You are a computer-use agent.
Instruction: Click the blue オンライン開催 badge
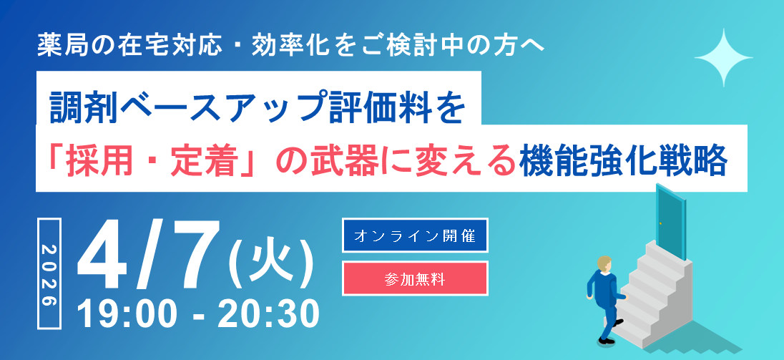[415, 235]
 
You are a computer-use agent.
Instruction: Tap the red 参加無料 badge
[415, 278]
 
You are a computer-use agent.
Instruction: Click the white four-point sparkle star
[724, 58]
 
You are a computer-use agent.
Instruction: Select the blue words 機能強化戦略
[624, 161]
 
